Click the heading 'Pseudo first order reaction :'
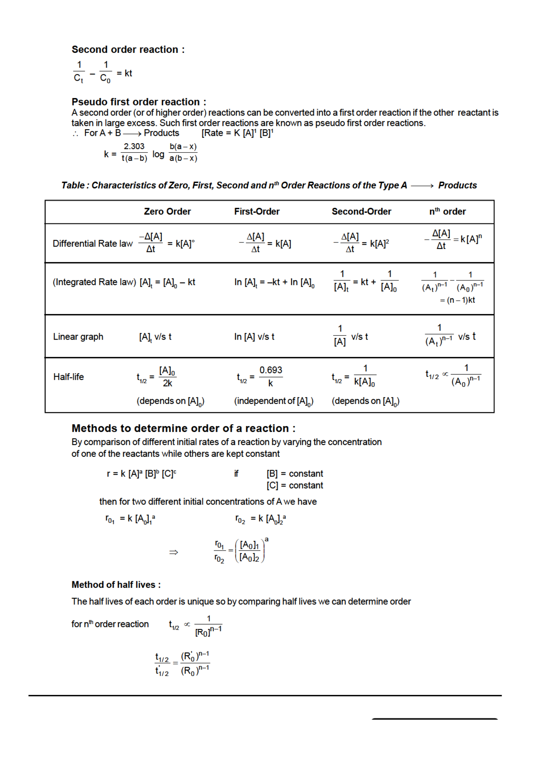(x=139, y=102)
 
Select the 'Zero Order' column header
(x=167, y=212)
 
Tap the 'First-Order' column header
(x=257, y=212)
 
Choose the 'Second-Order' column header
(x=361, y=212)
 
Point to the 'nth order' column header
(x=447, y=212)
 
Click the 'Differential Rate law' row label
(x=92, y=244)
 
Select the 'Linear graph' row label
(x=78, y=337)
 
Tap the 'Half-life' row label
(x=69, y=377)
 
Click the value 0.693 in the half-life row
(x=271, y=370)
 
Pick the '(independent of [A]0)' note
(x=274, y=401)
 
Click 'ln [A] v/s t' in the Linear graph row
(x=254, y=337)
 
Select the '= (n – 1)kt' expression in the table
(x=457, y=300)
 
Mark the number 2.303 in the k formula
(x=134, y=147)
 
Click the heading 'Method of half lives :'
(x=116, y=585)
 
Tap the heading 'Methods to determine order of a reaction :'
(x=184, y=429)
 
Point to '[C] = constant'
(x=295, y=485)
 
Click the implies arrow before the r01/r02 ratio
(x=174, y=552)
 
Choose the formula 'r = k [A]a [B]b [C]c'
(x=141, y=474)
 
